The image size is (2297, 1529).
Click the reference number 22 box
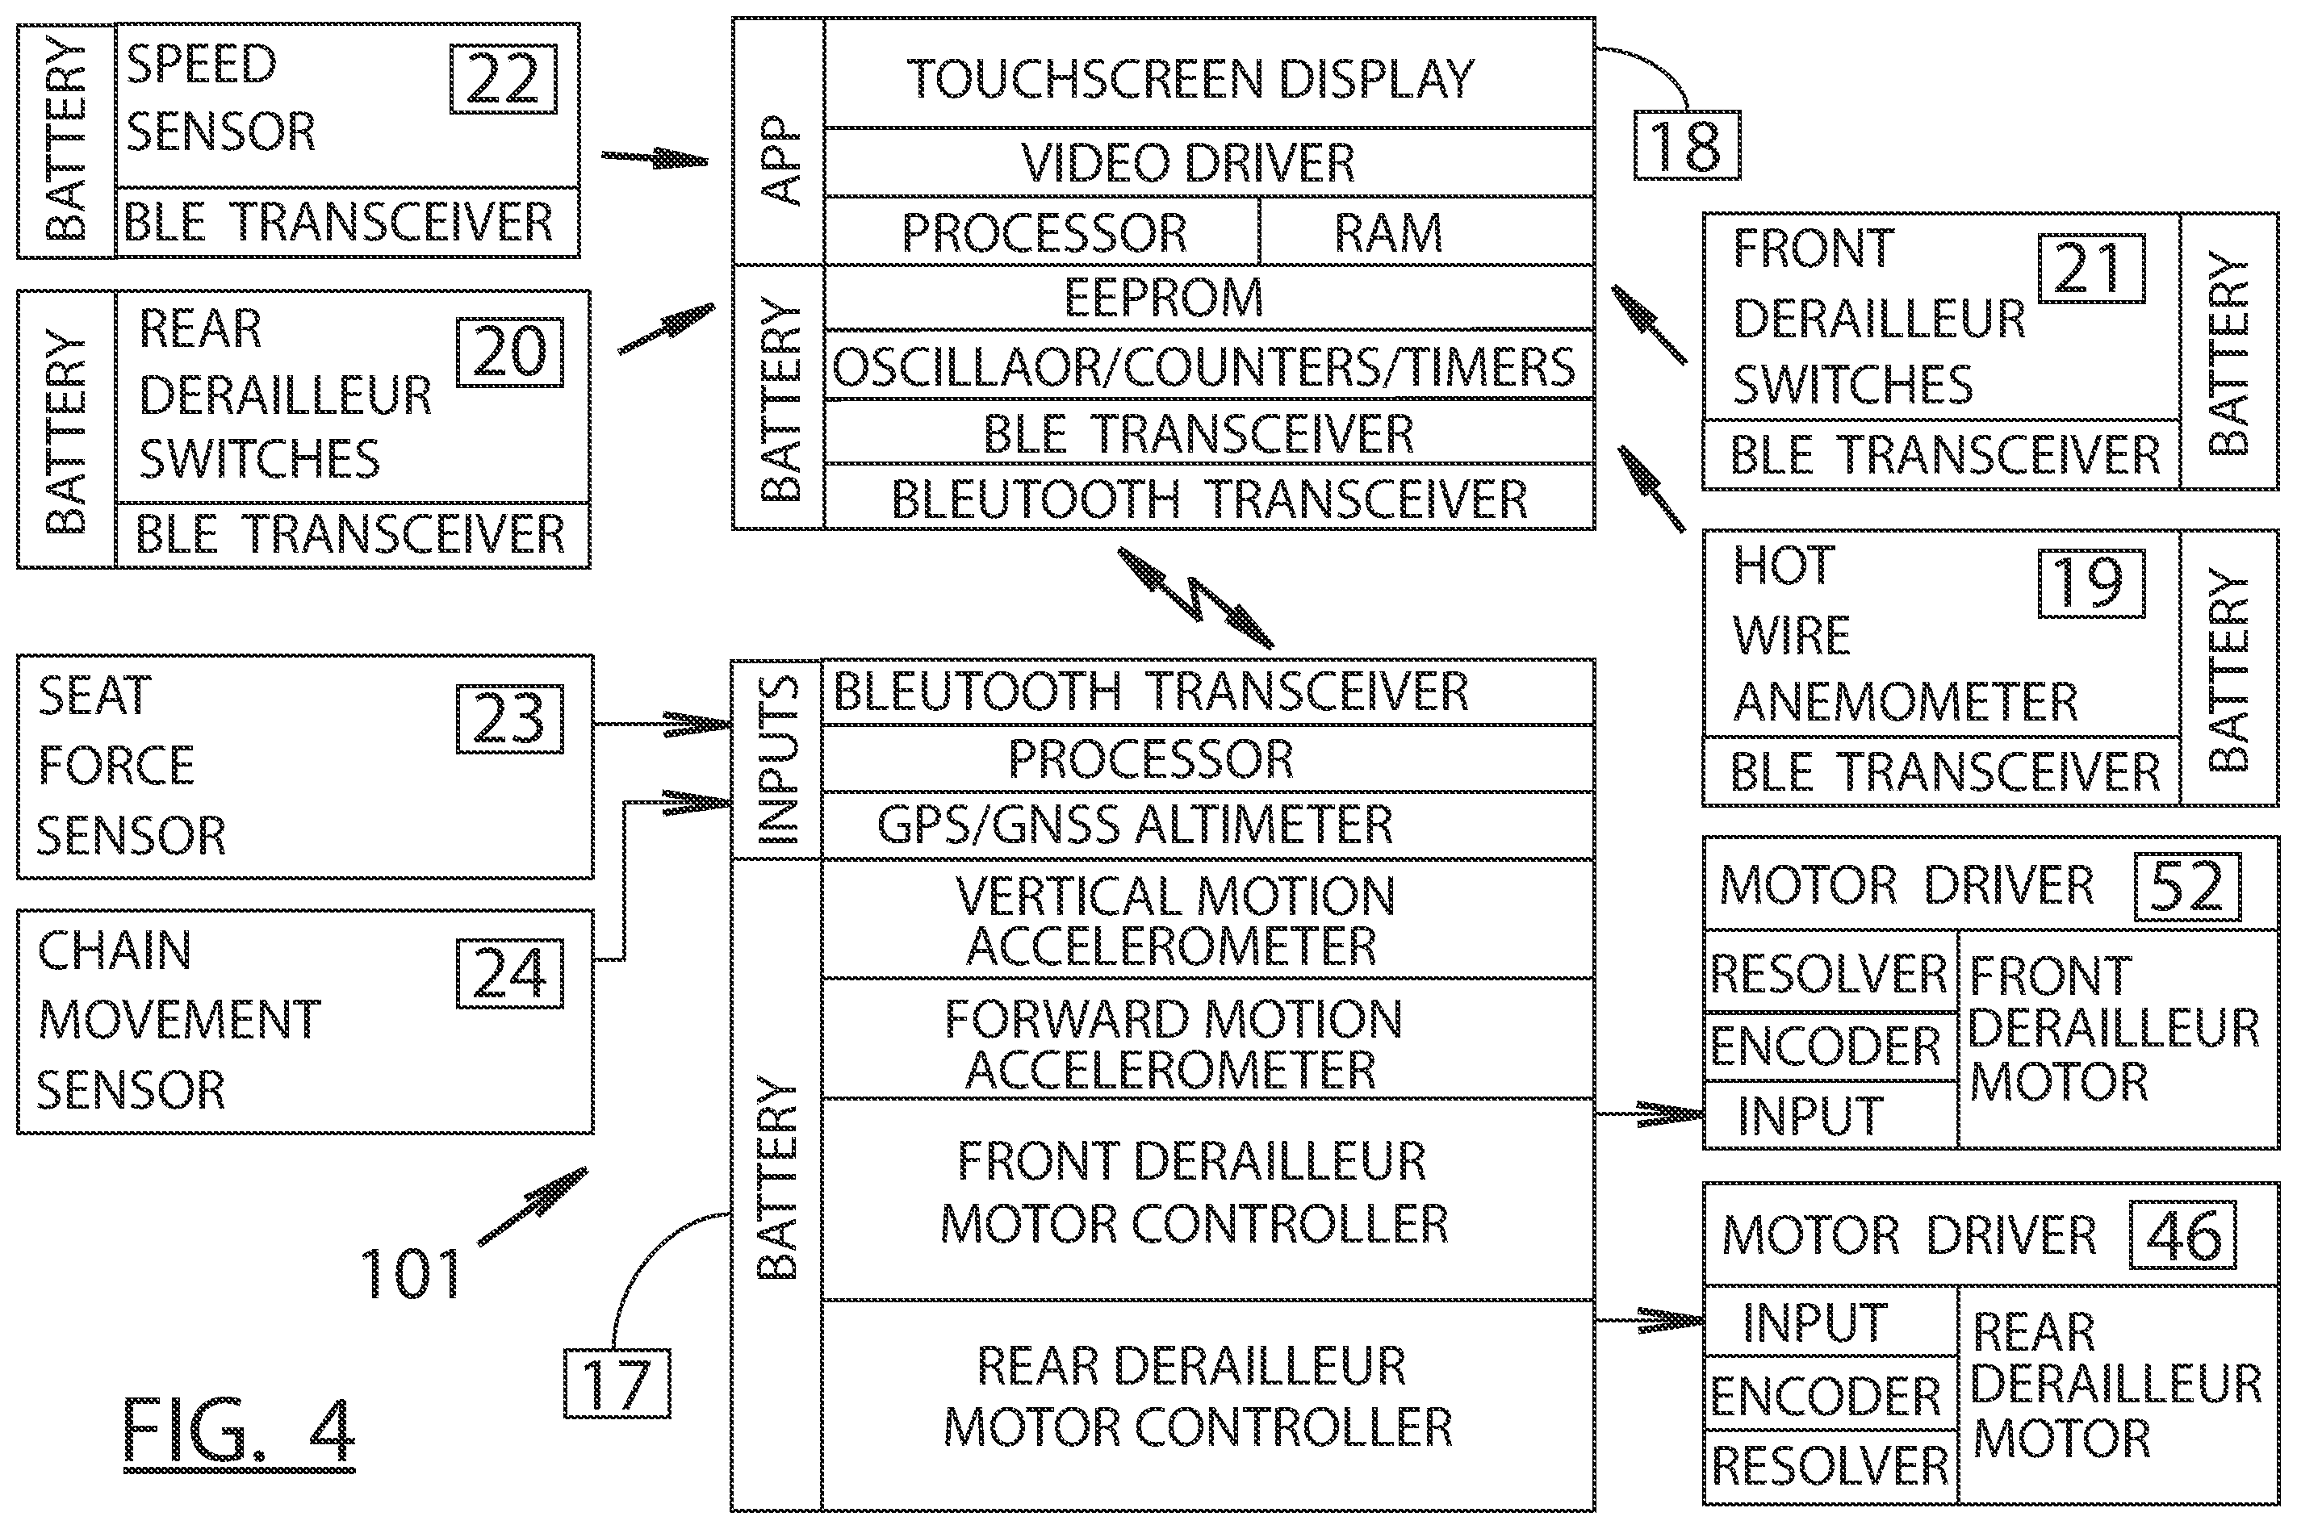[504, 79]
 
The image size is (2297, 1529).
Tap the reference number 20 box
[510, 352]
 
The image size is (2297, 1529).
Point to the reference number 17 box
[617, 1384]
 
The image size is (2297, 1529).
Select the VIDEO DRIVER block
[1210, 163]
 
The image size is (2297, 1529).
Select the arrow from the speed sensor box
[655, 157]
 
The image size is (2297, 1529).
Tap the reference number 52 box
[2186, 888]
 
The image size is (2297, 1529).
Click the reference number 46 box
[2183, 1235]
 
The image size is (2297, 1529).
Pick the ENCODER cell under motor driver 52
[1830, 1046]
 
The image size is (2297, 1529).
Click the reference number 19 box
[2091, 583]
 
